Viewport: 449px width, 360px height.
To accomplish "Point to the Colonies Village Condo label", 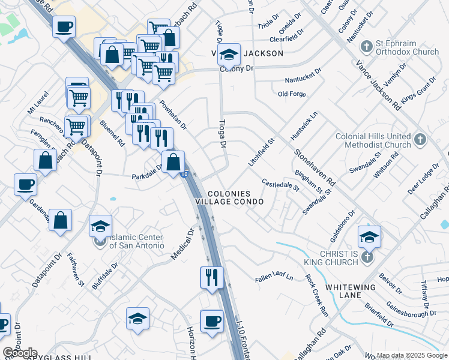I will coord(236,198).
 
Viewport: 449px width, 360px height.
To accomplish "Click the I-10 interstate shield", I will coord(184,174).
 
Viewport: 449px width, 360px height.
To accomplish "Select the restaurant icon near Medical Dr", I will coord(211,278).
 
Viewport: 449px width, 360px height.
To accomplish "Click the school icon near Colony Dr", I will coord(229,55).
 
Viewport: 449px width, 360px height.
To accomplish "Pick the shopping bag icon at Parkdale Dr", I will coord(173,161).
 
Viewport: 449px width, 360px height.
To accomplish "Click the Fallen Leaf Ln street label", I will coord(274,277).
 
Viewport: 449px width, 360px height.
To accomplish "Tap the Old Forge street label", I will coord(292,94).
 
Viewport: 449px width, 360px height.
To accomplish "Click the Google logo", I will coord(20,353).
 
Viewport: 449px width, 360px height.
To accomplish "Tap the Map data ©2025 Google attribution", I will coord(411,355).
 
